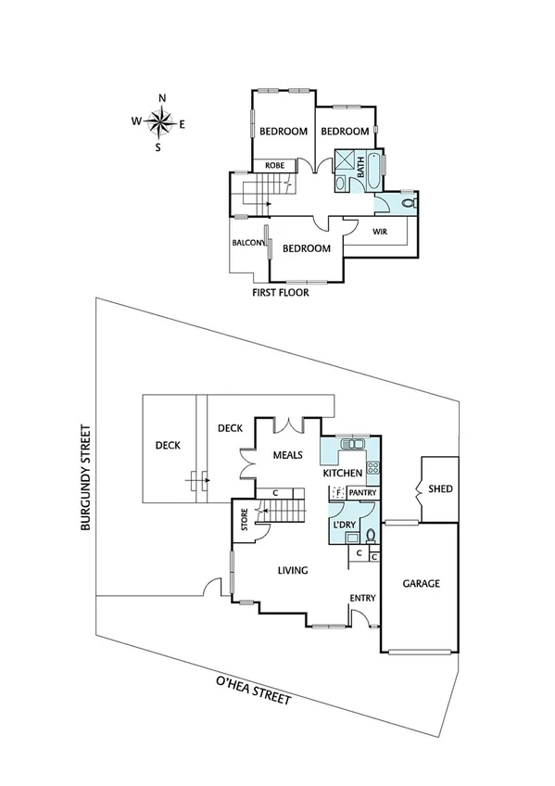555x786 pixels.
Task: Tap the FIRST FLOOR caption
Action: tap(281, 292)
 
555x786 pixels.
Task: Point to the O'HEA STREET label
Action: tap(253, 691)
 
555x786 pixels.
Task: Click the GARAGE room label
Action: tap(420, 584)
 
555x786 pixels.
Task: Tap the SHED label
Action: tap(440, 488)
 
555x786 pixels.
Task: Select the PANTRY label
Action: tap(361, 493)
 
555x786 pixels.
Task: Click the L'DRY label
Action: tap(342, 526)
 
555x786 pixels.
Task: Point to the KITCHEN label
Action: tap(341, 474)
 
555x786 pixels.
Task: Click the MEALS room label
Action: tap(289, 456)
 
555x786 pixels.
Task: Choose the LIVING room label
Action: tap(292, 571)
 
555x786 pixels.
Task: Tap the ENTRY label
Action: tap(362, 598)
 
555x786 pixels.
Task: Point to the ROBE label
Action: tap(274, 165)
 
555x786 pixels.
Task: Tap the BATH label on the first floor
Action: tap(361, 169)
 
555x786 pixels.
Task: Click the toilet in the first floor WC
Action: tap(410, 201)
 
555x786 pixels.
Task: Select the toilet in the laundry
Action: tap(370, 535)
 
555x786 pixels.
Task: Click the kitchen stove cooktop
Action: tap(373, 468)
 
